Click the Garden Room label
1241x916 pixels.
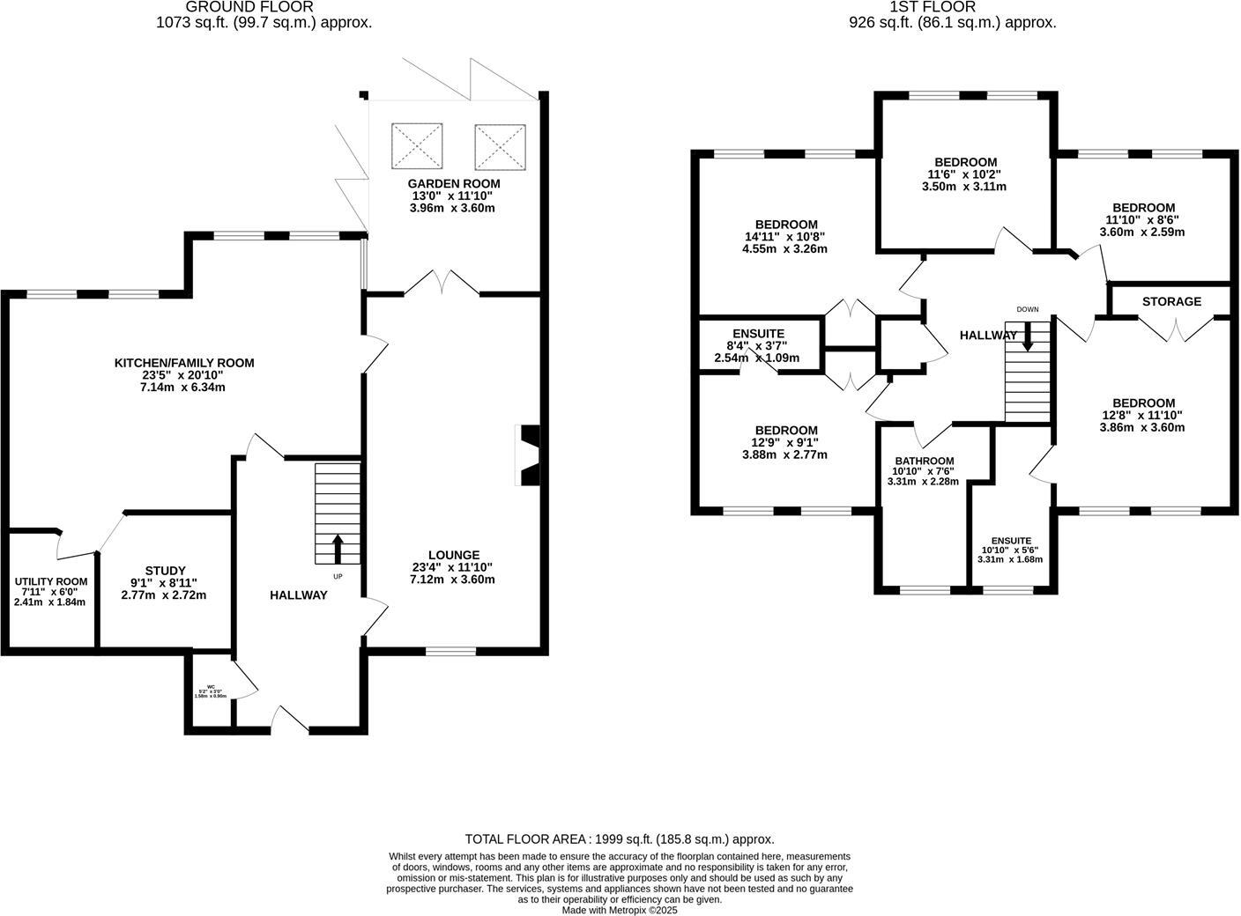pos(453,183)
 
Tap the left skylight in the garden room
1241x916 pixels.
pos(416,146)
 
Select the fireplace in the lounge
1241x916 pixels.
pos(529,456)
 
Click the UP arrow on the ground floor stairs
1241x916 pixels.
pos(338,548)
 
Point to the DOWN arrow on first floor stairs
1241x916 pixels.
pos(1028,336)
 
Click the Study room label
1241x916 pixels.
pos(165,571)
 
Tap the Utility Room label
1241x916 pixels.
pos(51,581)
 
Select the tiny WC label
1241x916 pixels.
pos(211,687)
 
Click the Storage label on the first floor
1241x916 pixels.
pos(1171,301)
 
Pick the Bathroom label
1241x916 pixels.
pos(925,461)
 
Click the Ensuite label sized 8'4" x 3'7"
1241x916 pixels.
pos(756,333)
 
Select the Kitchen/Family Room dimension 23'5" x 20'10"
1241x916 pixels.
pos(183,375)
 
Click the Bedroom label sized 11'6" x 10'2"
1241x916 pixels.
pos(966,162)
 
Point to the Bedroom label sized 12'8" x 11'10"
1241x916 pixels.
pos(1143,403)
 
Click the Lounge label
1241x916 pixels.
pos(452,555)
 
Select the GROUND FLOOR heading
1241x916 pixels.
pos(264,7)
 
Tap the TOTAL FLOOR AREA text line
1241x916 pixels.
pos(620,839)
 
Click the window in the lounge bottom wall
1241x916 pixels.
pos(450,652)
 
